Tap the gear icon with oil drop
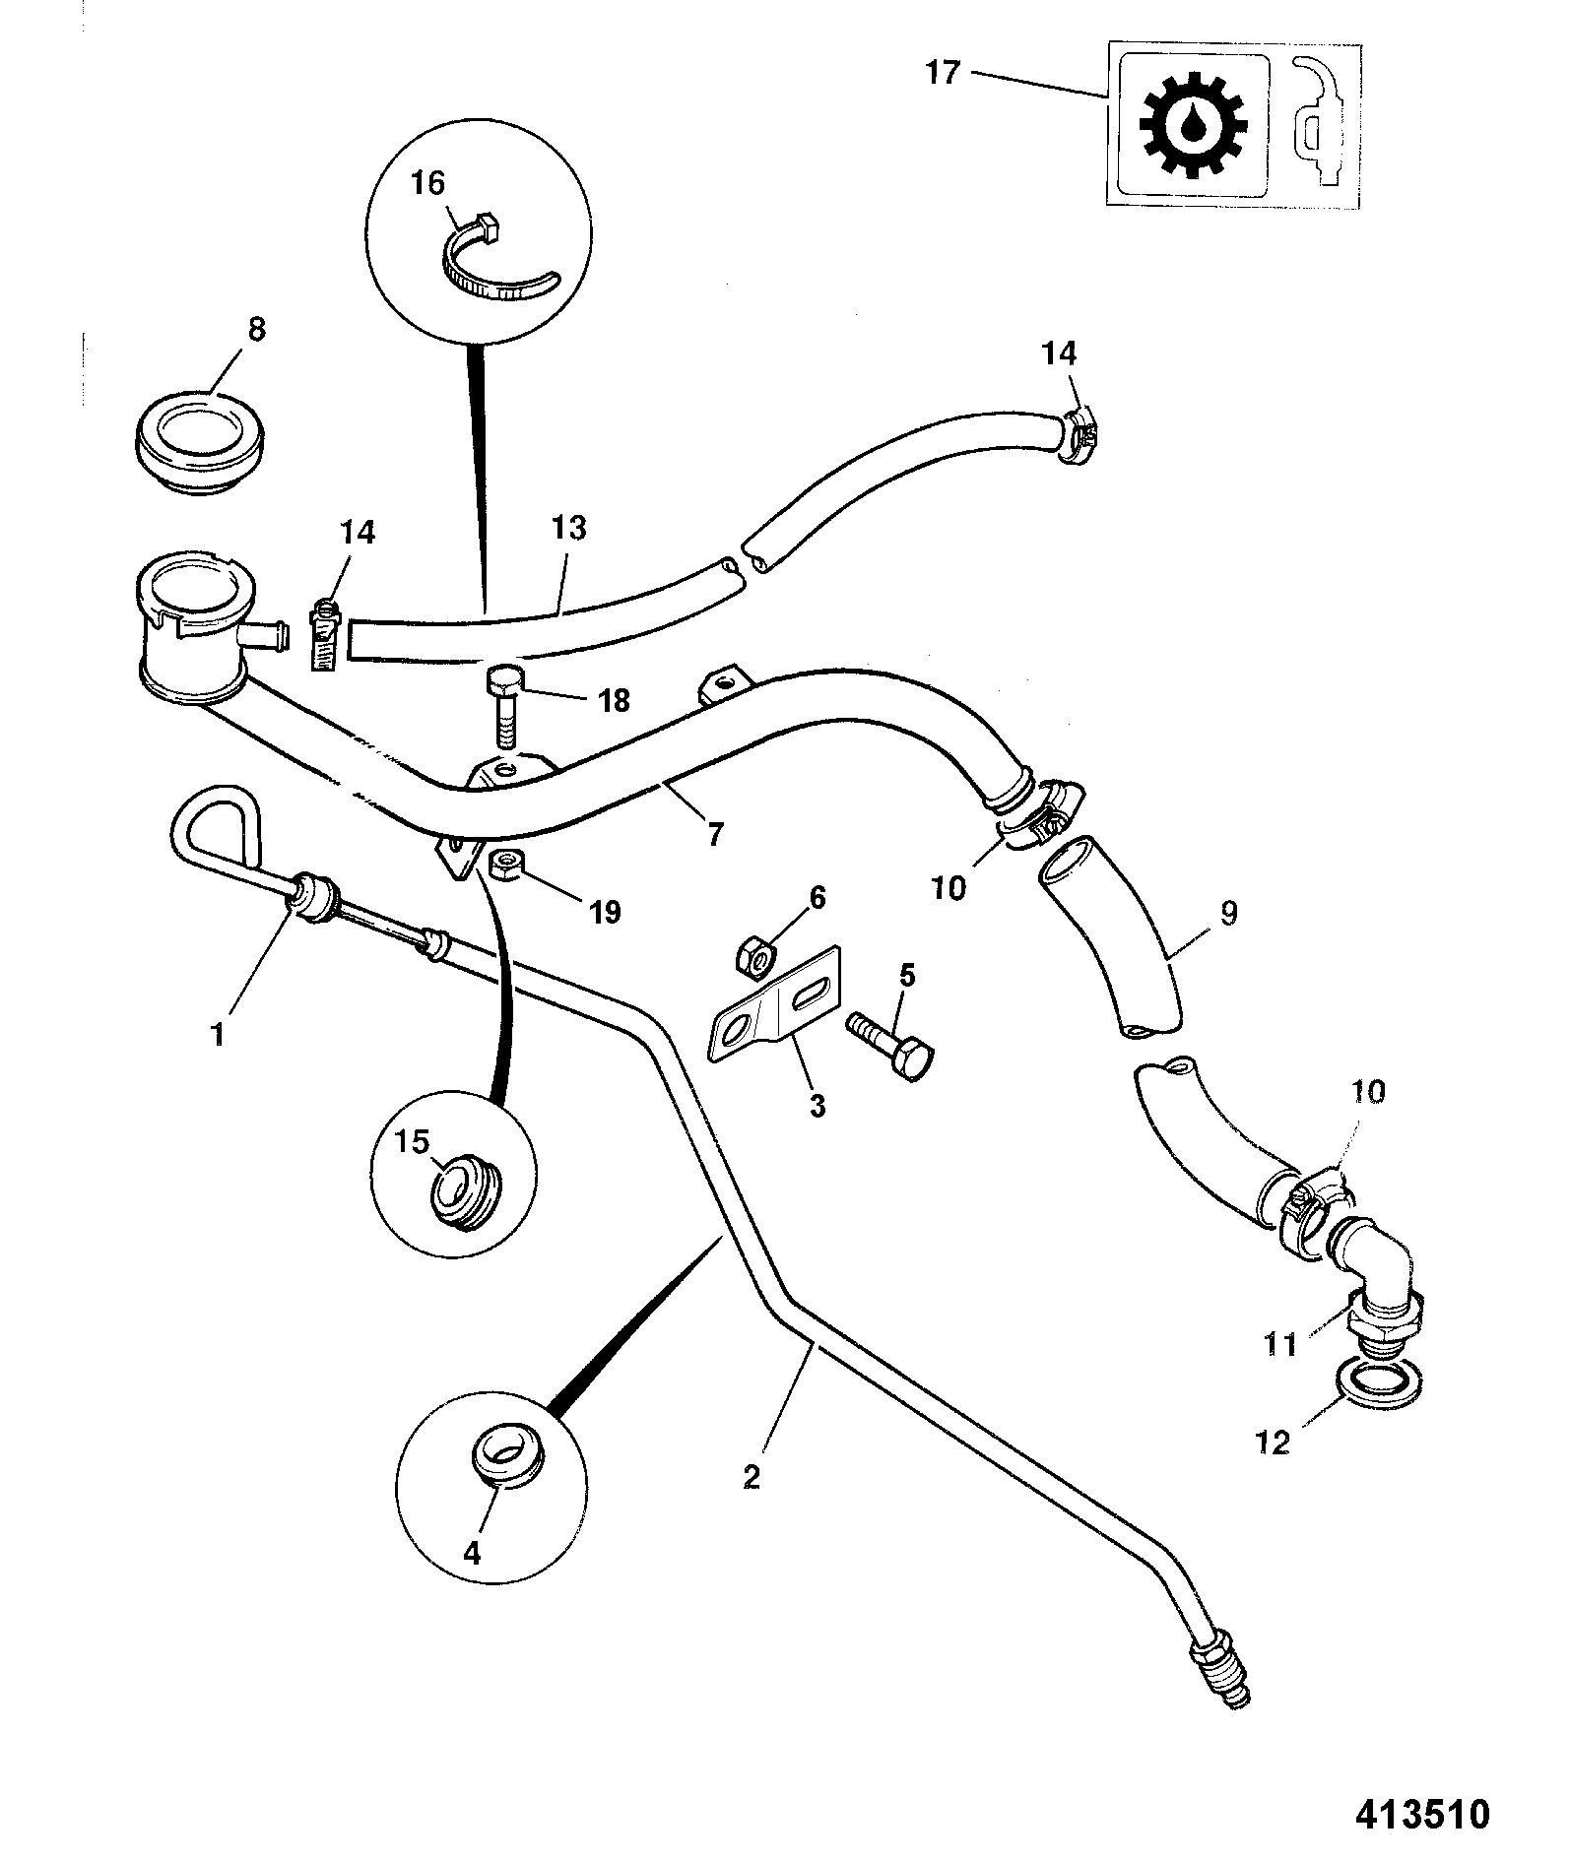pyautogui.click(x=1194, y=125)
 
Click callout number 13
pyautogui.click(x=570, y=529)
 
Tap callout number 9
pyautogui.click(x=1227, y=914)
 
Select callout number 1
pyautogui.click(x=218, y=1035)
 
